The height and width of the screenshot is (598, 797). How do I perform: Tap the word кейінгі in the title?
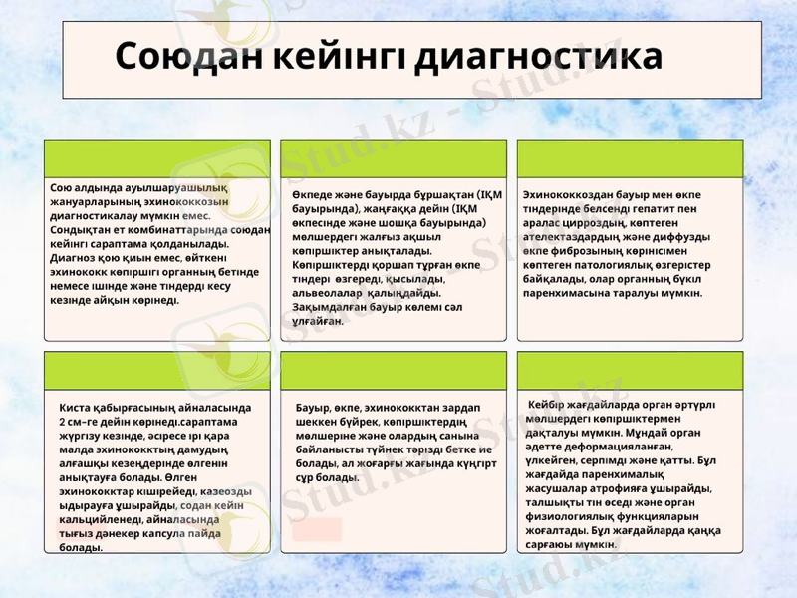(337, 57)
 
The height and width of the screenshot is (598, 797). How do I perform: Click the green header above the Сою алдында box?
(157, 159)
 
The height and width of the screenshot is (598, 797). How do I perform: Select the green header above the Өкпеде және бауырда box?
(394, 159)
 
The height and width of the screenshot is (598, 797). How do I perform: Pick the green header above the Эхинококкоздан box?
(630, 159)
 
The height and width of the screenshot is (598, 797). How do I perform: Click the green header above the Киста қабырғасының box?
(157, 370)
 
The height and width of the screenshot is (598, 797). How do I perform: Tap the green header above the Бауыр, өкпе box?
(394, 370)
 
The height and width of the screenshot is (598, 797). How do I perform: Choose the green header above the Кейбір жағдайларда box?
(630, 370)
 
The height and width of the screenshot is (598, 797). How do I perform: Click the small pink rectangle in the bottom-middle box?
(318, 529)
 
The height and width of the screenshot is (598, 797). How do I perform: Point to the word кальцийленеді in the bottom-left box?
(97, 520)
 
